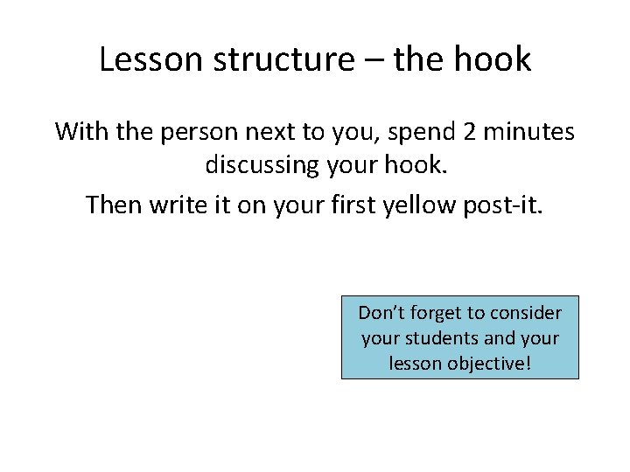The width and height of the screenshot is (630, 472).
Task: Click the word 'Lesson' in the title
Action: [150, 59]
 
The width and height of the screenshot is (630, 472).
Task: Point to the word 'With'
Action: [79, 132]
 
